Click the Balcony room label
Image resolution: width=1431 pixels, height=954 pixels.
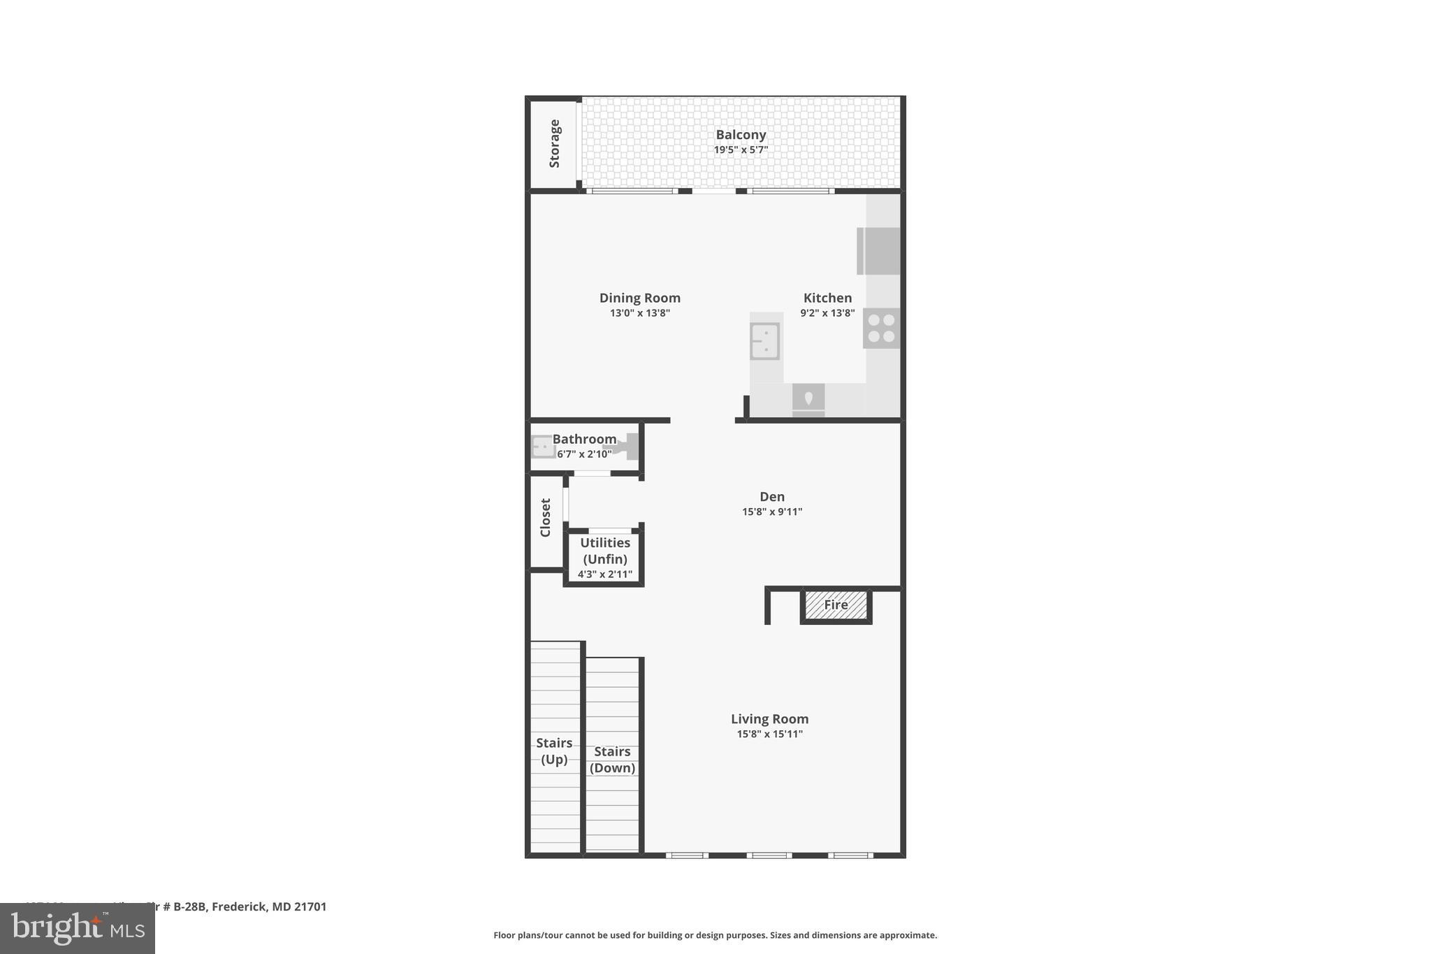coord(741,135)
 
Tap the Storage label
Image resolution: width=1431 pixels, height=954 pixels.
coord(555,144)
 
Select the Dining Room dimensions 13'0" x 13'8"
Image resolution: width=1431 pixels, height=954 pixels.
coord(639,313)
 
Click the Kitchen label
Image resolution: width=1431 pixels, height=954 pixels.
coord(827,298)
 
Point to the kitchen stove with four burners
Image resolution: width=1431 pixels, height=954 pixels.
coord(881,328)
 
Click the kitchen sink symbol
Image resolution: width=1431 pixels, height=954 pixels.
coord(764,341)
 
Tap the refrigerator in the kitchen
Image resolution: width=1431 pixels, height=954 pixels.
coord(879,251)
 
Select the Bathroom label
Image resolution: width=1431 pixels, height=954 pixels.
coord(584,439)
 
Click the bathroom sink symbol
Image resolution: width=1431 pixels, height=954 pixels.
coord(543,446)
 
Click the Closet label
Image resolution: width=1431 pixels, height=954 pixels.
coord(546,517)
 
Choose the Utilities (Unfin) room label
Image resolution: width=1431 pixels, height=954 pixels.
coord(605,551)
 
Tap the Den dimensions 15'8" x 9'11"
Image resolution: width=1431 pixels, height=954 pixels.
coord(771,512)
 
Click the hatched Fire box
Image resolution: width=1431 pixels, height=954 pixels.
coord(836,605)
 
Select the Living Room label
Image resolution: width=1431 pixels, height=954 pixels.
coord(769,718)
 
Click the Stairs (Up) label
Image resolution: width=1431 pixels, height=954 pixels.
coord(554,751)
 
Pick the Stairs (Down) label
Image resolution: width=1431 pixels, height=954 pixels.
coord(612,760)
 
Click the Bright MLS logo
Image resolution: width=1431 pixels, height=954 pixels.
coord(78,929)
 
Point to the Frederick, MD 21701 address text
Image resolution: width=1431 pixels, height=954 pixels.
coord(269,906)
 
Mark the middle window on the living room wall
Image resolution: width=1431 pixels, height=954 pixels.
coord(769,855)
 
